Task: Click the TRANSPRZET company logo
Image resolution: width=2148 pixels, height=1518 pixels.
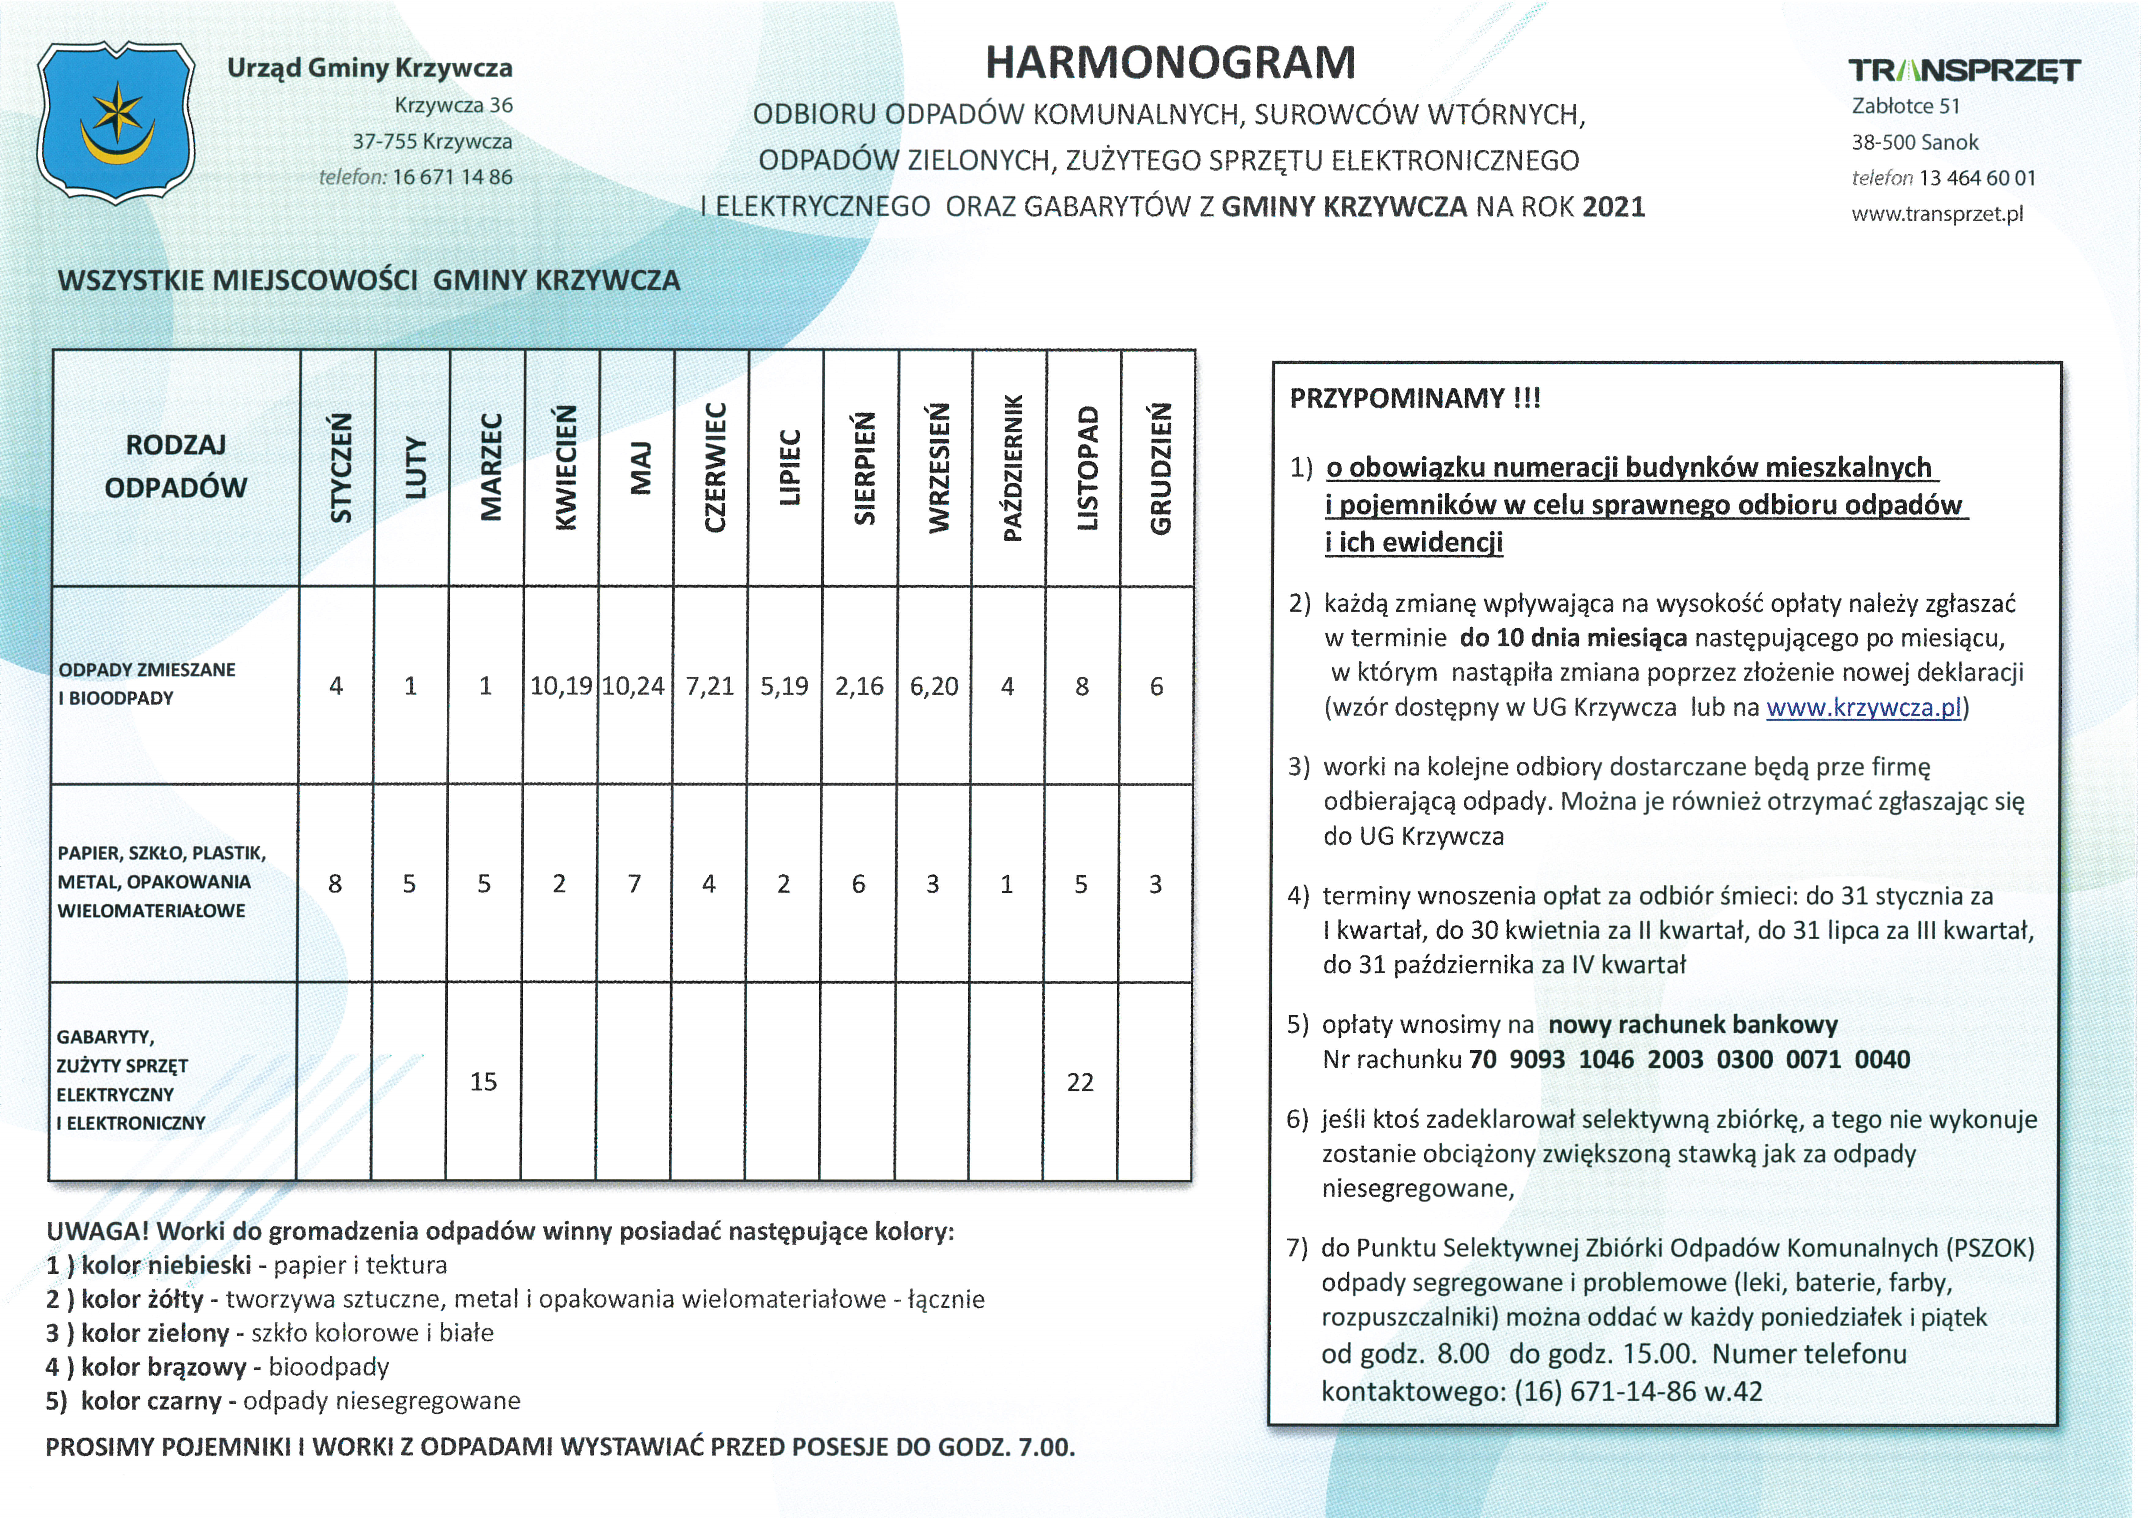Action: [x=1964, y=70]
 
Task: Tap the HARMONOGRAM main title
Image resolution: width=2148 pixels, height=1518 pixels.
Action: [x=1170, y=63]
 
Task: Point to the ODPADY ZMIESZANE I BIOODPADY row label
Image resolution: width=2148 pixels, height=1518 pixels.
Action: [x=147, y=684]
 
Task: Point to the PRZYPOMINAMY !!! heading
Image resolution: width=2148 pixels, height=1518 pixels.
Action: [x=1414, y=398]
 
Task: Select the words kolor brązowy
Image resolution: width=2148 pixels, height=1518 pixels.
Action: [x=164, y=1367]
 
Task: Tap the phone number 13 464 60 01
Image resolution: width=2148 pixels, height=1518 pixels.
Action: [x=1977, y=178]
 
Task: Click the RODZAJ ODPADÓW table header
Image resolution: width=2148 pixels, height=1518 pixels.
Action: [x=176, y=466]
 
